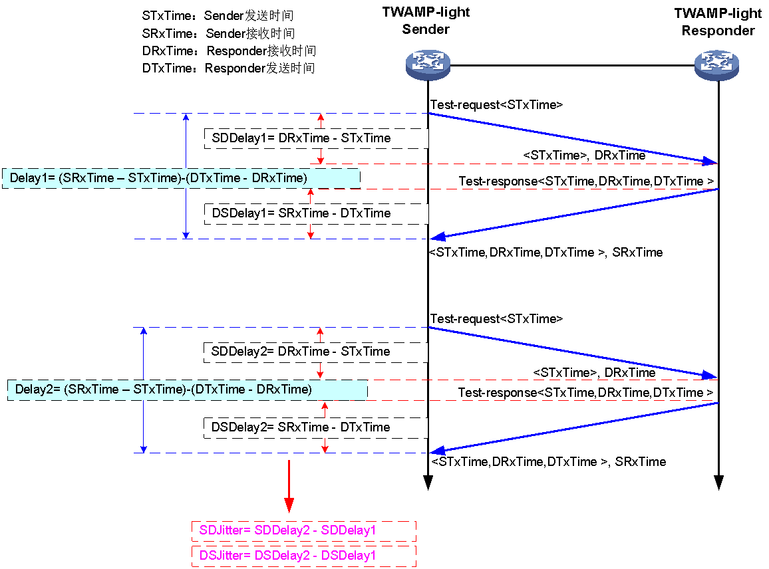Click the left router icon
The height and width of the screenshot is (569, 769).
pos(428,64)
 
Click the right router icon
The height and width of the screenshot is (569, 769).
pos(716,64)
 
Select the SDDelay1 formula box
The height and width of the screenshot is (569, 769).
pos(316,138)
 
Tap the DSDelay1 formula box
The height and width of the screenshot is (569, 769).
pos(316,213)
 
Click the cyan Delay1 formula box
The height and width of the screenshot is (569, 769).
pos(181,178)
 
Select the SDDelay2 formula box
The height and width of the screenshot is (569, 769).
pos(315,352)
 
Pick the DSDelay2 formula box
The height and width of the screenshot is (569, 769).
pos(315,427)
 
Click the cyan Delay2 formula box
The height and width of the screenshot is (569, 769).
pos(187,390)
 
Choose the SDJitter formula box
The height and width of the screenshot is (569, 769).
pos(303,530)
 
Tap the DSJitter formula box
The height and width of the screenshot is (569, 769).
pos(303,555)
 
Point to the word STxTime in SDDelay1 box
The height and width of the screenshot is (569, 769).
pos(366,138)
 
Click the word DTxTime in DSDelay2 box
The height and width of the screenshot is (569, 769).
pos(365,427)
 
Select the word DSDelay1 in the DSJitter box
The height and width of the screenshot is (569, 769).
pos(349,555)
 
